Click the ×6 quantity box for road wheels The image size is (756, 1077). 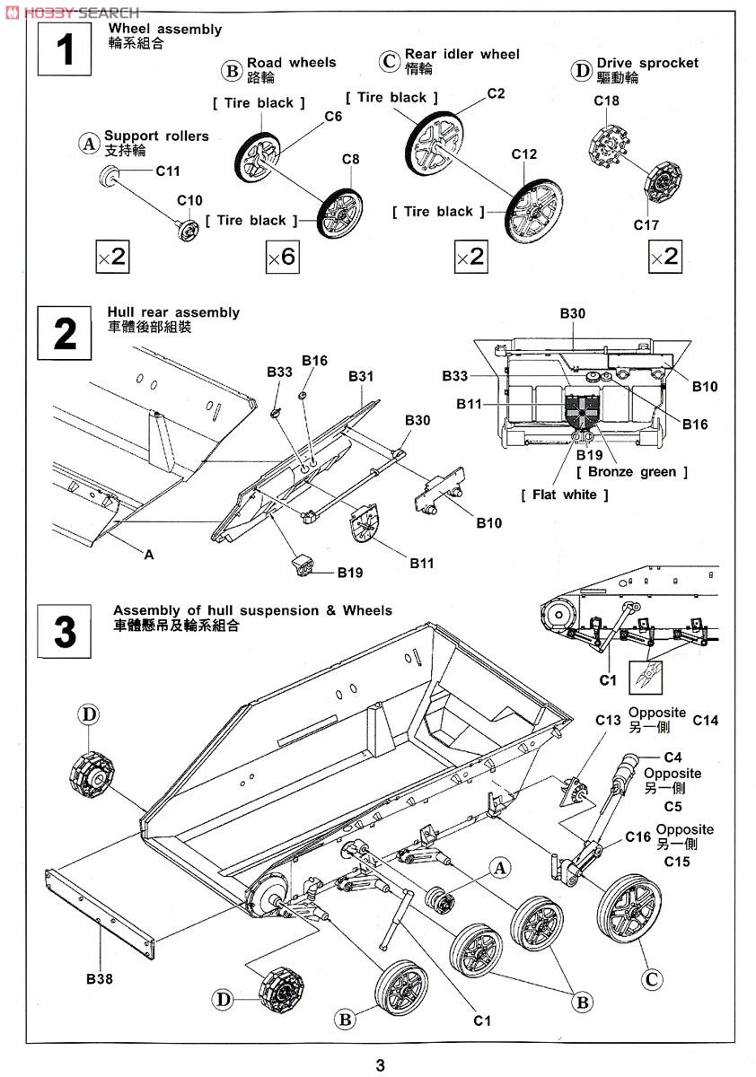click(281, 258)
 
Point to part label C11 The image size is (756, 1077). click(168, 171)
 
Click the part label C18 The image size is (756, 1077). click(606, 101)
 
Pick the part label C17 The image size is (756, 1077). click(646, 225)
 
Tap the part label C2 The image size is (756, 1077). click(496, 93)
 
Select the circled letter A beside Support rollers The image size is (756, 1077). click(89, 143)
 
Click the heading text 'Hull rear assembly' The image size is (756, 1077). click(173, 312)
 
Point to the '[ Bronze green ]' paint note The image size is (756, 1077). click(632, 472)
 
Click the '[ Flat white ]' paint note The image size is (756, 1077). click(565, 495)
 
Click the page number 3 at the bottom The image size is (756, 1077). click(380, 1065)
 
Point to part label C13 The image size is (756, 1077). click(608, 720)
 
